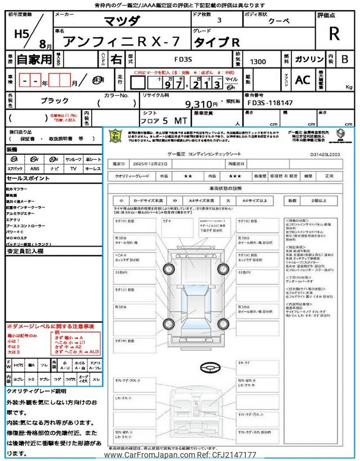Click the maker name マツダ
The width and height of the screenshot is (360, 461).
click(x=124, y=21)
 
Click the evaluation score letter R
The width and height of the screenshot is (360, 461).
click(x=334, y=33)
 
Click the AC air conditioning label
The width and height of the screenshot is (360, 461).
click(x=303, y=80)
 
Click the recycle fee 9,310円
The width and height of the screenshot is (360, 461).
click(x=201, y=104)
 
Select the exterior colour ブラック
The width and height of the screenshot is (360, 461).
click(x=55, y=101)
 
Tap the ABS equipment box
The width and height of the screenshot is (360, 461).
click(x=34, y=168)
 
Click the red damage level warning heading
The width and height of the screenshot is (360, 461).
click(x=50, y=326)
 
